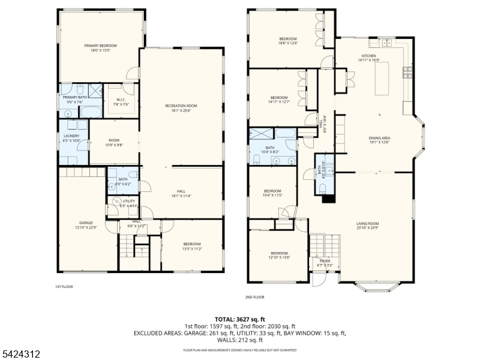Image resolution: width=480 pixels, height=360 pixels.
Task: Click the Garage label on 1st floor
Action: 86,224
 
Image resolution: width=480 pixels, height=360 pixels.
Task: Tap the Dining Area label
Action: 379,140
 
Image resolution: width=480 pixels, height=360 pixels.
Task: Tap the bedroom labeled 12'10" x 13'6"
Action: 279,255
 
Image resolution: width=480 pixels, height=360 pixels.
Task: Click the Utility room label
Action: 128,202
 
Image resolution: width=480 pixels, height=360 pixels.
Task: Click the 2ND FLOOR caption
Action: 254,297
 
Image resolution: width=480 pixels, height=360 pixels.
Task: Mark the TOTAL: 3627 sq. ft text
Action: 240,319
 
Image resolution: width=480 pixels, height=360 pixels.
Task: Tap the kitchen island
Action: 384,79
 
